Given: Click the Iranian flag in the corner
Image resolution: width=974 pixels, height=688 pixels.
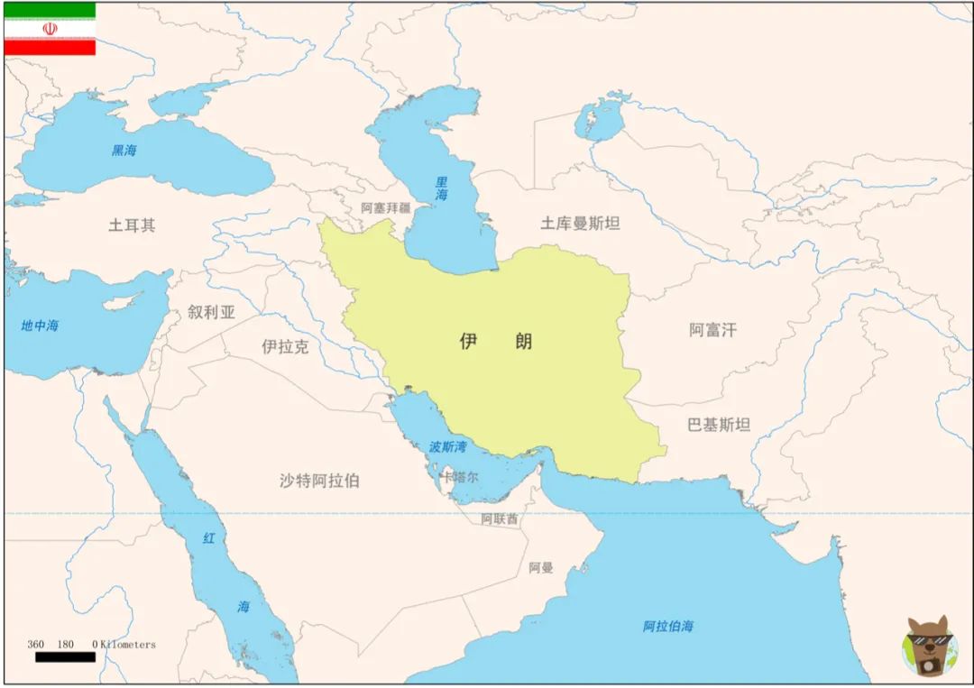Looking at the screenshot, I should click(x=50, y=29).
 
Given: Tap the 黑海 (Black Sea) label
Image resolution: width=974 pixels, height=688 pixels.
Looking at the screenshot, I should click(x=124, y=151).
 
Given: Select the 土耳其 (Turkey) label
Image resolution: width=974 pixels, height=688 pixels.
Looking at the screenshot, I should click(x=132, y=225).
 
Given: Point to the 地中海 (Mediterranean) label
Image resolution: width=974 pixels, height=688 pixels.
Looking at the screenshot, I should click(x=40, y=326).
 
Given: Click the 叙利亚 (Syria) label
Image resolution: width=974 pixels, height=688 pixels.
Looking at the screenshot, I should click(x=212, y=313).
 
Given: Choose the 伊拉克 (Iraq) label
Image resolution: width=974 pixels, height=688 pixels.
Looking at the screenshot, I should click(x=285, y=346).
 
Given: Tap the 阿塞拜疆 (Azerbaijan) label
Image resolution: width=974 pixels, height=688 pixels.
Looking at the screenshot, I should click(x=385, y=207).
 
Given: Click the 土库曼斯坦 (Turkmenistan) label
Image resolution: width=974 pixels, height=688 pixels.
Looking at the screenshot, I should click(x=580, y=223).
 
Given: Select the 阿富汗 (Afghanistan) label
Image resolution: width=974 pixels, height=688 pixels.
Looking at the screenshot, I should click(x=712, y=330).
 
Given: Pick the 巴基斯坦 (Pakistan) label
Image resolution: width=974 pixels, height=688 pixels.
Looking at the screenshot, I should click(x=719, y=425).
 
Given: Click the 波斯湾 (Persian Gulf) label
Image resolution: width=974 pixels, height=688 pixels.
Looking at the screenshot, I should click(x=448, y=446).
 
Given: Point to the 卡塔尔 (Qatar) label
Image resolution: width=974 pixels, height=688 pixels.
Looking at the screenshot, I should click(x=459, y=477).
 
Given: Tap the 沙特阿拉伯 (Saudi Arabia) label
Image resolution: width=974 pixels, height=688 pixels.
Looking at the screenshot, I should click(x=319, y=481).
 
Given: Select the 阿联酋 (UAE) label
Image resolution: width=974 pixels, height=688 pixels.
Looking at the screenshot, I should click(x=499, y=519).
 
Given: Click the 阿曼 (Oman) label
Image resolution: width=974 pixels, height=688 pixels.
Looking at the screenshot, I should click(x=541, y=568).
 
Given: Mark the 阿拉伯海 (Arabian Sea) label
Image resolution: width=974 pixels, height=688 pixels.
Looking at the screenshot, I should click(x=668, y=627).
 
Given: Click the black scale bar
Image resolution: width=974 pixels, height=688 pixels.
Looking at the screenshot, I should click(x=65, y=657).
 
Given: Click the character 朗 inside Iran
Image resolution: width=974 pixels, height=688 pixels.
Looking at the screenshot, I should click(x=523, y=341).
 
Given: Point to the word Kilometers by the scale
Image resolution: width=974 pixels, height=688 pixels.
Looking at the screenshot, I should click(x=128, y=645).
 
